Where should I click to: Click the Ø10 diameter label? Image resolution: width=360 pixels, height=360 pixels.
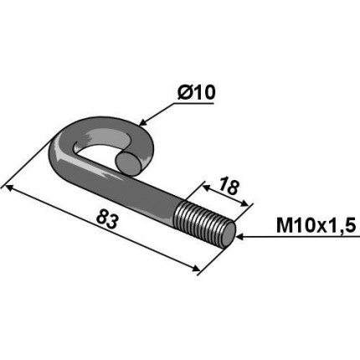point(197,93)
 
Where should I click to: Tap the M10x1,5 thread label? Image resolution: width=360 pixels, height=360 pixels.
point(316,226)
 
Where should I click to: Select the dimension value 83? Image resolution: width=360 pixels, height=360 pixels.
point(106,219)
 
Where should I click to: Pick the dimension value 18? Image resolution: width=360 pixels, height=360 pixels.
point(229,187)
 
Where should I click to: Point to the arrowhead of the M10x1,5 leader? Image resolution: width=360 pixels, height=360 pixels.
point(240,237)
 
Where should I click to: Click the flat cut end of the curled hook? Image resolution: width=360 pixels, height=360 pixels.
point(128,163)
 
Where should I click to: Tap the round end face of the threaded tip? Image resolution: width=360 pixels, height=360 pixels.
point(229,233)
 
